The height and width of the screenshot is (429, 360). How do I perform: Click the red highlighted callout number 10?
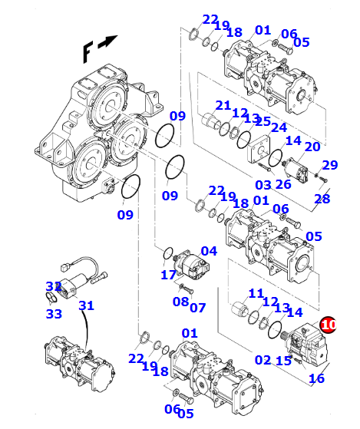click(329, 325)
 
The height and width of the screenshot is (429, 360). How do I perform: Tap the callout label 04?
click(209, 251)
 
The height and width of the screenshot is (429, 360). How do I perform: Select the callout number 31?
click(87, 305)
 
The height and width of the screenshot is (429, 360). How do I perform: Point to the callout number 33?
click(54, 314)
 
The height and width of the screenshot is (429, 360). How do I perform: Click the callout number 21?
click(223, 106)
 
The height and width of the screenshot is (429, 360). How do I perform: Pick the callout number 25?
click(263, 121)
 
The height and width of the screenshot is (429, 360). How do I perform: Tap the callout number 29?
click(330, 165)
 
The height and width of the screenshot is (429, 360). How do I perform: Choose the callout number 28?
click(322, 199)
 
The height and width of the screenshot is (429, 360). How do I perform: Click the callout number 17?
click(169, 275)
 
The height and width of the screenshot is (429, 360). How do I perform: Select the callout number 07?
click(198, 308)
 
